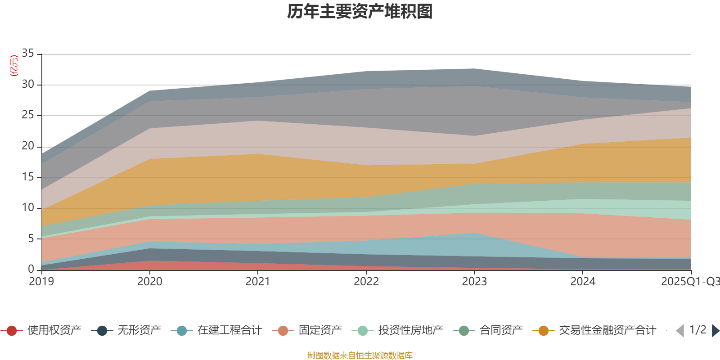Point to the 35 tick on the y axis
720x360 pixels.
[x=28, y=54]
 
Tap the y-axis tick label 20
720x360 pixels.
[x=28, y=146]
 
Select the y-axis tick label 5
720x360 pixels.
[x=31, y=238]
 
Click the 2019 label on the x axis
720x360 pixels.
[x=41, y=282]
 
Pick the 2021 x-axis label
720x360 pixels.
[x=258, y=282]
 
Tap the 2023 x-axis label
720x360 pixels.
[x=474, y=282]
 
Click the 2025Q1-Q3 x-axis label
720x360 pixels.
[x=689, y=282]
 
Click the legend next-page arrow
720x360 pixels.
[x=715, y=331]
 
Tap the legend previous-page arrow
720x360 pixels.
[x=680, y=331]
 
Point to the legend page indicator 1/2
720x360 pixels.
[x=697, y=330]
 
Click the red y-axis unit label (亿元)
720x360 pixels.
[x=14, y=66]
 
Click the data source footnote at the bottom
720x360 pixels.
[x=360, y=355]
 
